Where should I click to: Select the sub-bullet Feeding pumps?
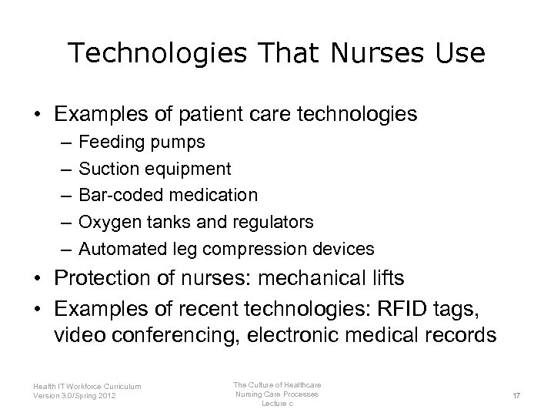click(142, 143)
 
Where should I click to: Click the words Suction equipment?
click(155, 169)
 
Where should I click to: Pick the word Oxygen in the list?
click(106, 223)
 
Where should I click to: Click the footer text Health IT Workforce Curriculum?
click(87, 387)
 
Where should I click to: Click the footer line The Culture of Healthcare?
click(278, 384)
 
